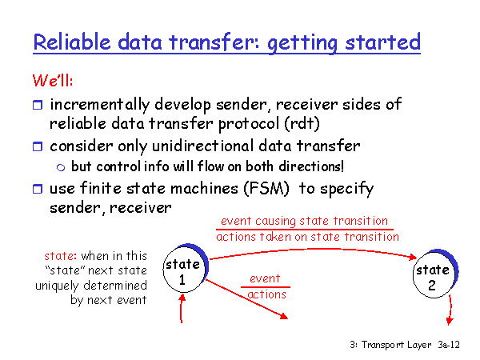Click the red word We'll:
(53, 80)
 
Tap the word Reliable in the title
(72, 42)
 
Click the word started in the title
(383, 42)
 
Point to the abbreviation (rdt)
(302, 124)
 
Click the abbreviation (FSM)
(266, 188)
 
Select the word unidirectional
(203, 146)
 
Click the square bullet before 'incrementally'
(38, 105)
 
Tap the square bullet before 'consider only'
(38, 146)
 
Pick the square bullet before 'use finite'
(38, 189)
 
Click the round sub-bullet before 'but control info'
(61, 167)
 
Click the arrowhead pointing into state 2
(413, 257)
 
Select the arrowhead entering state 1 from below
(182, 297)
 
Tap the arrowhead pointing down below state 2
(450, 321)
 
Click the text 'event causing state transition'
(304, 221)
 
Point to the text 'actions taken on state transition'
(307, 237)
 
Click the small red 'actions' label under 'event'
(266, 294)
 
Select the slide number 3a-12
(449, 345)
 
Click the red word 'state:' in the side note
(60, 256)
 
